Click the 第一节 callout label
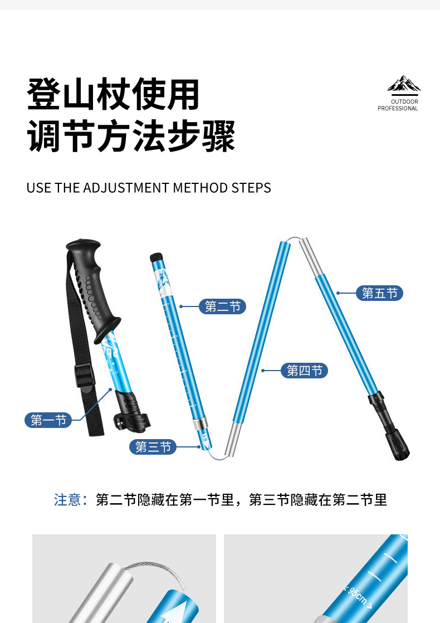click(x=48, y=420)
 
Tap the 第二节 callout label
click(x=222, y=306)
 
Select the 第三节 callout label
click(x=153, y=447)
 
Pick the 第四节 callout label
click(x=305, y=371)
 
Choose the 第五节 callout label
click(x=380, y=293)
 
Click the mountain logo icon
click(x=404, y=84)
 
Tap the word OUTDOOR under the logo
click(x=404, y=102)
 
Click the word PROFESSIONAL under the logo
click(x=398, y=108)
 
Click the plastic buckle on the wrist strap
click(x=84, y=375)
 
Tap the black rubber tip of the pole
click(x=397, y=445)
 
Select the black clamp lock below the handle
click(x=131, y=412)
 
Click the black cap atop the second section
click(x=157, y=257)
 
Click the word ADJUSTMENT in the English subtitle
click(x=126, y=188)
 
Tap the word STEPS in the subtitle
click(x=251, y=188)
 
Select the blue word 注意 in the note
click(x=67, y=499)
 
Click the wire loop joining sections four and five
click(x=294, y=239)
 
